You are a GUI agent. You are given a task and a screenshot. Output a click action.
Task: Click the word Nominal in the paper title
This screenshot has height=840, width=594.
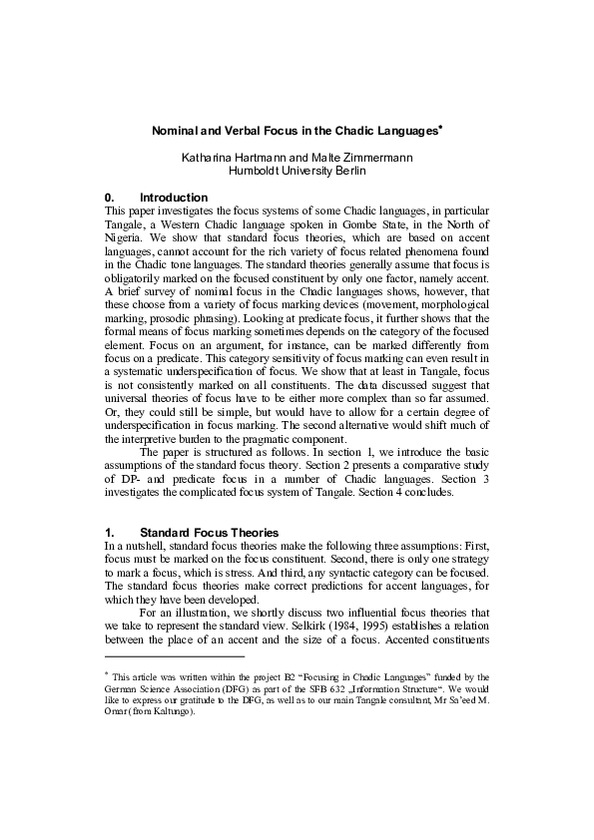(173, 132)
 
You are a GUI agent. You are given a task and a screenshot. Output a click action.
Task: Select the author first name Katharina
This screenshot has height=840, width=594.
(208, 158)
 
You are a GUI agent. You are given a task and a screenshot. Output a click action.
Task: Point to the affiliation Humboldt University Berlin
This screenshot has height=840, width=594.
(297, 171)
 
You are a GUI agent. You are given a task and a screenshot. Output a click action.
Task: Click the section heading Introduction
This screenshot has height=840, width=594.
(174, 198)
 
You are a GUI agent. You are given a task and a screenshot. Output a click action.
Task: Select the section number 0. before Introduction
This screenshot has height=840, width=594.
(111, 198)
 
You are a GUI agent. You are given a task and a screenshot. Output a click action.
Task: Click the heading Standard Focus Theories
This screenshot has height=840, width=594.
(209, 533)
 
